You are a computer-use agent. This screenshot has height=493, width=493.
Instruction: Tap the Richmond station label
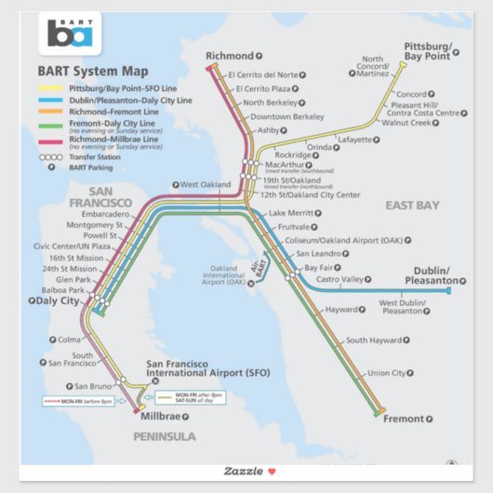pos(230,56)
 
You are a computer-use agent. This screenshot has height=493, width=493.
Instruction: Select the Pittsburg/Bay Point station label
pos(428,51)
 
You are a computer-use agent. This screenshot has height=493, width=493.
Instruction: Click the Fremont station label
pos(403,419)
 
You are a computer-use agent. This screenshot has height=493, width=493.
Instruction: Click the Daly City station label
pos(57,300)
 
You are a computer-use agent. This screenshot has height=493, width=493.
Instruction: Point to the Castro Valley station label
pos(339,279)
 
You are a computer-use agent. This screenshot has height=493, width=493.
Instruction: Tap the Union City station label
pos(386,373)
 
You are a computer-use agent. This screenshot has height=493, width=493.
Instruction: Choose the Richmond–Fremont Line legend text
pos(113,111)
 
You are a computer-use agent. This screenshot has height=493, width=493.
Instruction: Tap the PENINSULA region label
pos(165,436)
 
